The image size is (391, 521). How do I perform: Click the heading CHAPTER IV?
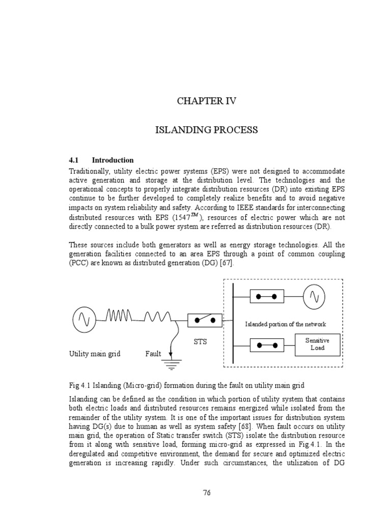(x=206, y=101)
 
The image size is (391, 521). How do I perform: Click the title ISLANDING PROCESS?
(x=206, y=130)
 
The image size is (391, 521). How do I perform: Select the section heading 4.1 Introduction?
(x=102, y=160)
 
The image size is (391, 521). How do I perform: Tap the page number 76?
(x=206, y=493)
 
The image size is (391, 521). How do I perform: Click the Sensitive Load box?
(x=317, y=344)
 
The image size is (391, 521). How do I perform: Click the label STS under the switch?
(x=200, y=342)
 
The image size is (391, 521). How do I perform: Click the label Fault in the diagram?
(x=153, y=354)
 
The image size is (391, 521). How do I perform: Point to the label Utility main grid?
(x=95, y=354)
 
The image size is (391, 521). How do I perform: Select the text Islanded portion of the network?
(x=285, y=324)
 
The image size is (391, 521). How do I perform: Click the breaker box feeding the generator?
(x=267, y=296)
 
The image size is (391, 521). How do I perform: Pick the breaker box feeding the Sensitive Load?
(x=267, y=344)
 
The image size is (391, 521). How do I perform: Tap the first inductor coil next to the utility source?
(x=119, y=317)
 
